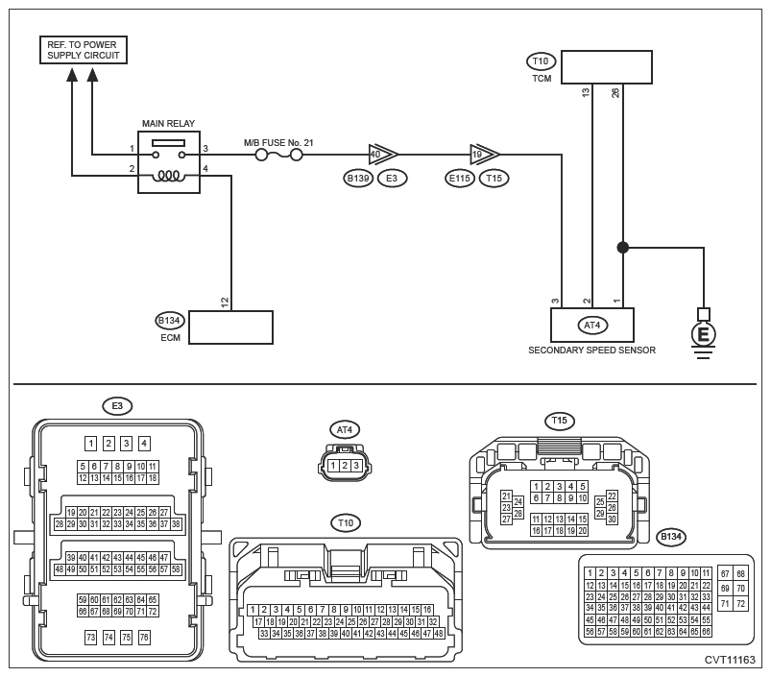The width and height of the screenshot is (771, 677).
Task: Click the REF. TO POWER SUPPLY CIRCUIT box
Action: pos(84,50)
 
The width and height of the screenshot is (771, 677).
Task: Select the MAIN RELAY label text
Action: pos(168,124)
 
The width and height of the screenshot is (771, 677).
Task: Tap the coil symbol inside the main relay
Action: pos(169,176)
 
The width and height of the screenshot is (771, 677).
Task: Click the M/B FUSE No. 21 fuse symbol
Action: pos(278,156)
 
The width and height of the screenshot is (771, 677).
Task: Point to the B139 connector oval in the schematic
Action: pos(358,178)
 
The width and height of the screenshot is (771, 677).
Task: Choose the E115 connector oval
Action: pos(460,178)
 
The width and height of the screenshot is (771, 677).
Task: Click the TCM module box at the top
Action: pos(607,67)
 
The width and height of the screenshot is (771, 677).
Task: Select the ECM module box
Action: pos(230,326)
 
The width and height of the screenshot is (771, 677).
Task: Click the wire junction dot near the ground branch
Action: pos(623,248)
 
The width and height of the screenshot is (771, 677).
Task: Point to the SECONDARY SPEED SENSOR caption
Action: pos(591,351)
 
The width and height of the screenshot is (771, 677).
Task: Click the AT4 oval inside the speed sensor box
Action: pos(592,325)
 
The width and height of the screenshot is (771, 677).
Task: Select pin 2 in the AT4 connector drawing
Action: pos(345,466)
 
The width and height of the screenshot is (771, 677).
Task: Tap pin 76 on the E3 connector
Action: pos(144,638)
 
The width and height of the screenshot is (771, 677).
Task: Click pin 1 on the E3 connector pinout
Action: pos(91,444)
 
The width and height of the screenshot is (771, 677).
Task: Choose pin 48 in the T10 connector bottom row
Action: pos(439,634)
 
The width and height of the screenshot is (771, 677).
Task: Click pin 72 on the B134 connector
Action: pos(740,604)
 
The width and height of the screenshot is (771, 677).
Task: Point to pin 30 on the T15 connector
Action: pos(612,520)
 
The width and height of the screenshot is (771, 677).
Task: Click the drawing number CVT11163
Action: pos(730,660)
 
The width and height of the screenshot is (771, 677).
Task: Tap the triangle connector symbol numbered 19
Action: pos(484,155)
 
